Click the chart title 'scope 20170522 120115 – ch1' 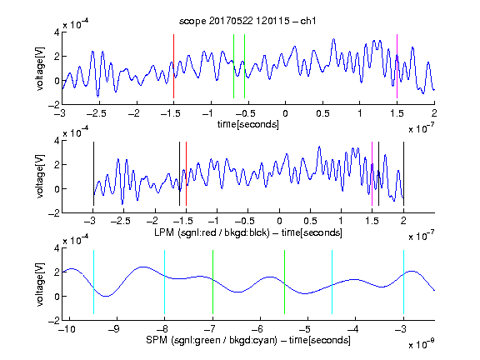247,21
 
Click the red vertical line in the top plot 174,66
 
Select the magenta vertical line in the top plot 397,66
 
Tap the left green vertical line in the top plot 233,66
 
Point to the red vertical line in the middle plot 186,174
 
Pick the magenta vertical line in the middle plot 372,174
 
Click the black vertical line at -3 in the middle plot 93,174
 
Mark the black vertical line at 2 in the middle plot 403,174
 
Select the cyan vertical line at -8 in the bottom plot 165,282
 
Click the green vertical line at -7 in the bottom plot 212,282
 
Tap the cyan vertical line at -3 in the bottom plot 403,282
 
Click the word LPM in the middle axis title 164,232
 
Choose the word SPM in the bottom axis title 157,340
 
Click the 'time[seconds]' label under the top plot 248,124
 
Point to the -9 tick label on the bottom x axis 114,329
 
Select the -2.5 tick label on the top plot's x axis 96,113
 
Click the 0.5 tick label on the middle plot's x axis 310,221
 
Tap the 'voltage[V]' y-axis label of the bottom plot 40,285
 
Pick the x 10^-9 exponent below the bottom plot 421,344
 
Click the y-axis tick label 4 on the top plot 57,32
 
